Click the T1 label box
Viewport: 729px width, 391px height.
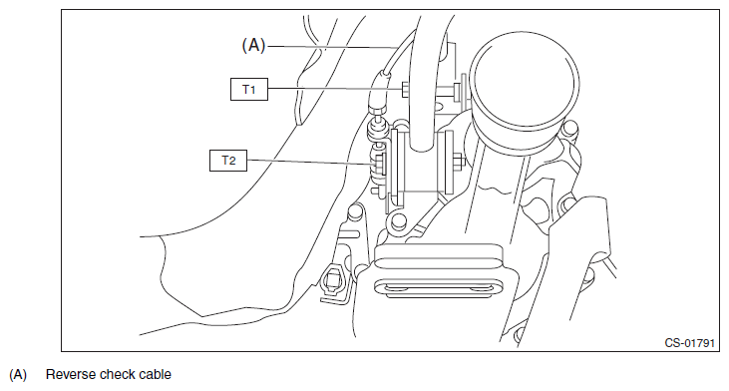pos(249,89)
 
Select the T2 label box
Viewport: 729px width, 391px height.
pos(228,161)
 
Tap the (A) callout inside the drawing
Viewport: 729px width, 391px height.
pos(253,46)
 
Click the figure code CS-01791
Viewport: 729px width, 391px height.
pos(689,343)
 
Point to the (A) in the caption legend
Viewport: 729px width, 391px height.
pos(18,375)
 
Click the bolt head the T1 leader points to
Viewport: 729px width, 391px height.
pos(405,89)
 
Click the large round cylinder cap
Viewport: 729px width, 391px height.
pos(525,85)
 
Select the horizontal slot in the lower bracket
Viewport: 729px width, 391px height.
pos(438,287)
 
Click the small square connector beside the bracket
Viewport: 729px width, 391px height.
pos(333,280)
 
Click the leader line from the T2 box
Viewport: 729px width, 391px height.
pos(310,162)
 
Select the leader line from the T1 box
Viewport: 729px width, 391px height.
pos(335,89)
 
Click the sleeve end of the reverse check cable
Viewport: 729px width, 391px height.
pos(378,92)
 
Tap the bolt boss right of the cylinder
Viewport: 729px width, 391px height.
pos(570,129)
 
